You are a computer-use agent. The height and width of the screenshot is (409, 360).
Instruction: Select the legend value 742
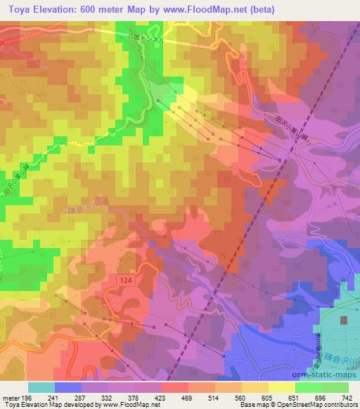coord(347,398)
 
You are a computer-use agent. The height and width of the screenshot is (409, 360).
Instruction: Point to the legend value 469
coord(188,398)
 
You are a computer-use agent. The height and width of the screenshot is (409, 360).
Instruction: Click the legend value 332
coord(108,398)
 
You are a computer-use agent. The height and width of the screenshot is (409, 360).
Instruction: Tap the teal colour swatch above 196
coord(41,387)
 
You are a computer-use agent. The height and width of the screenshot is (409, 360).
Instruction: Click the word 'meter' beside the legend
coord(11,398)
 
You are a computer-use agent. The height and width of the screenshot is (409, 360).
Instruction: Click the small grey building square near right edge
coord(345,320)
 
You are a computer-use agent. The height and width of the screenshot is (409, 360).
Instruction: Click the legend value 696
coord(321,398)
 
